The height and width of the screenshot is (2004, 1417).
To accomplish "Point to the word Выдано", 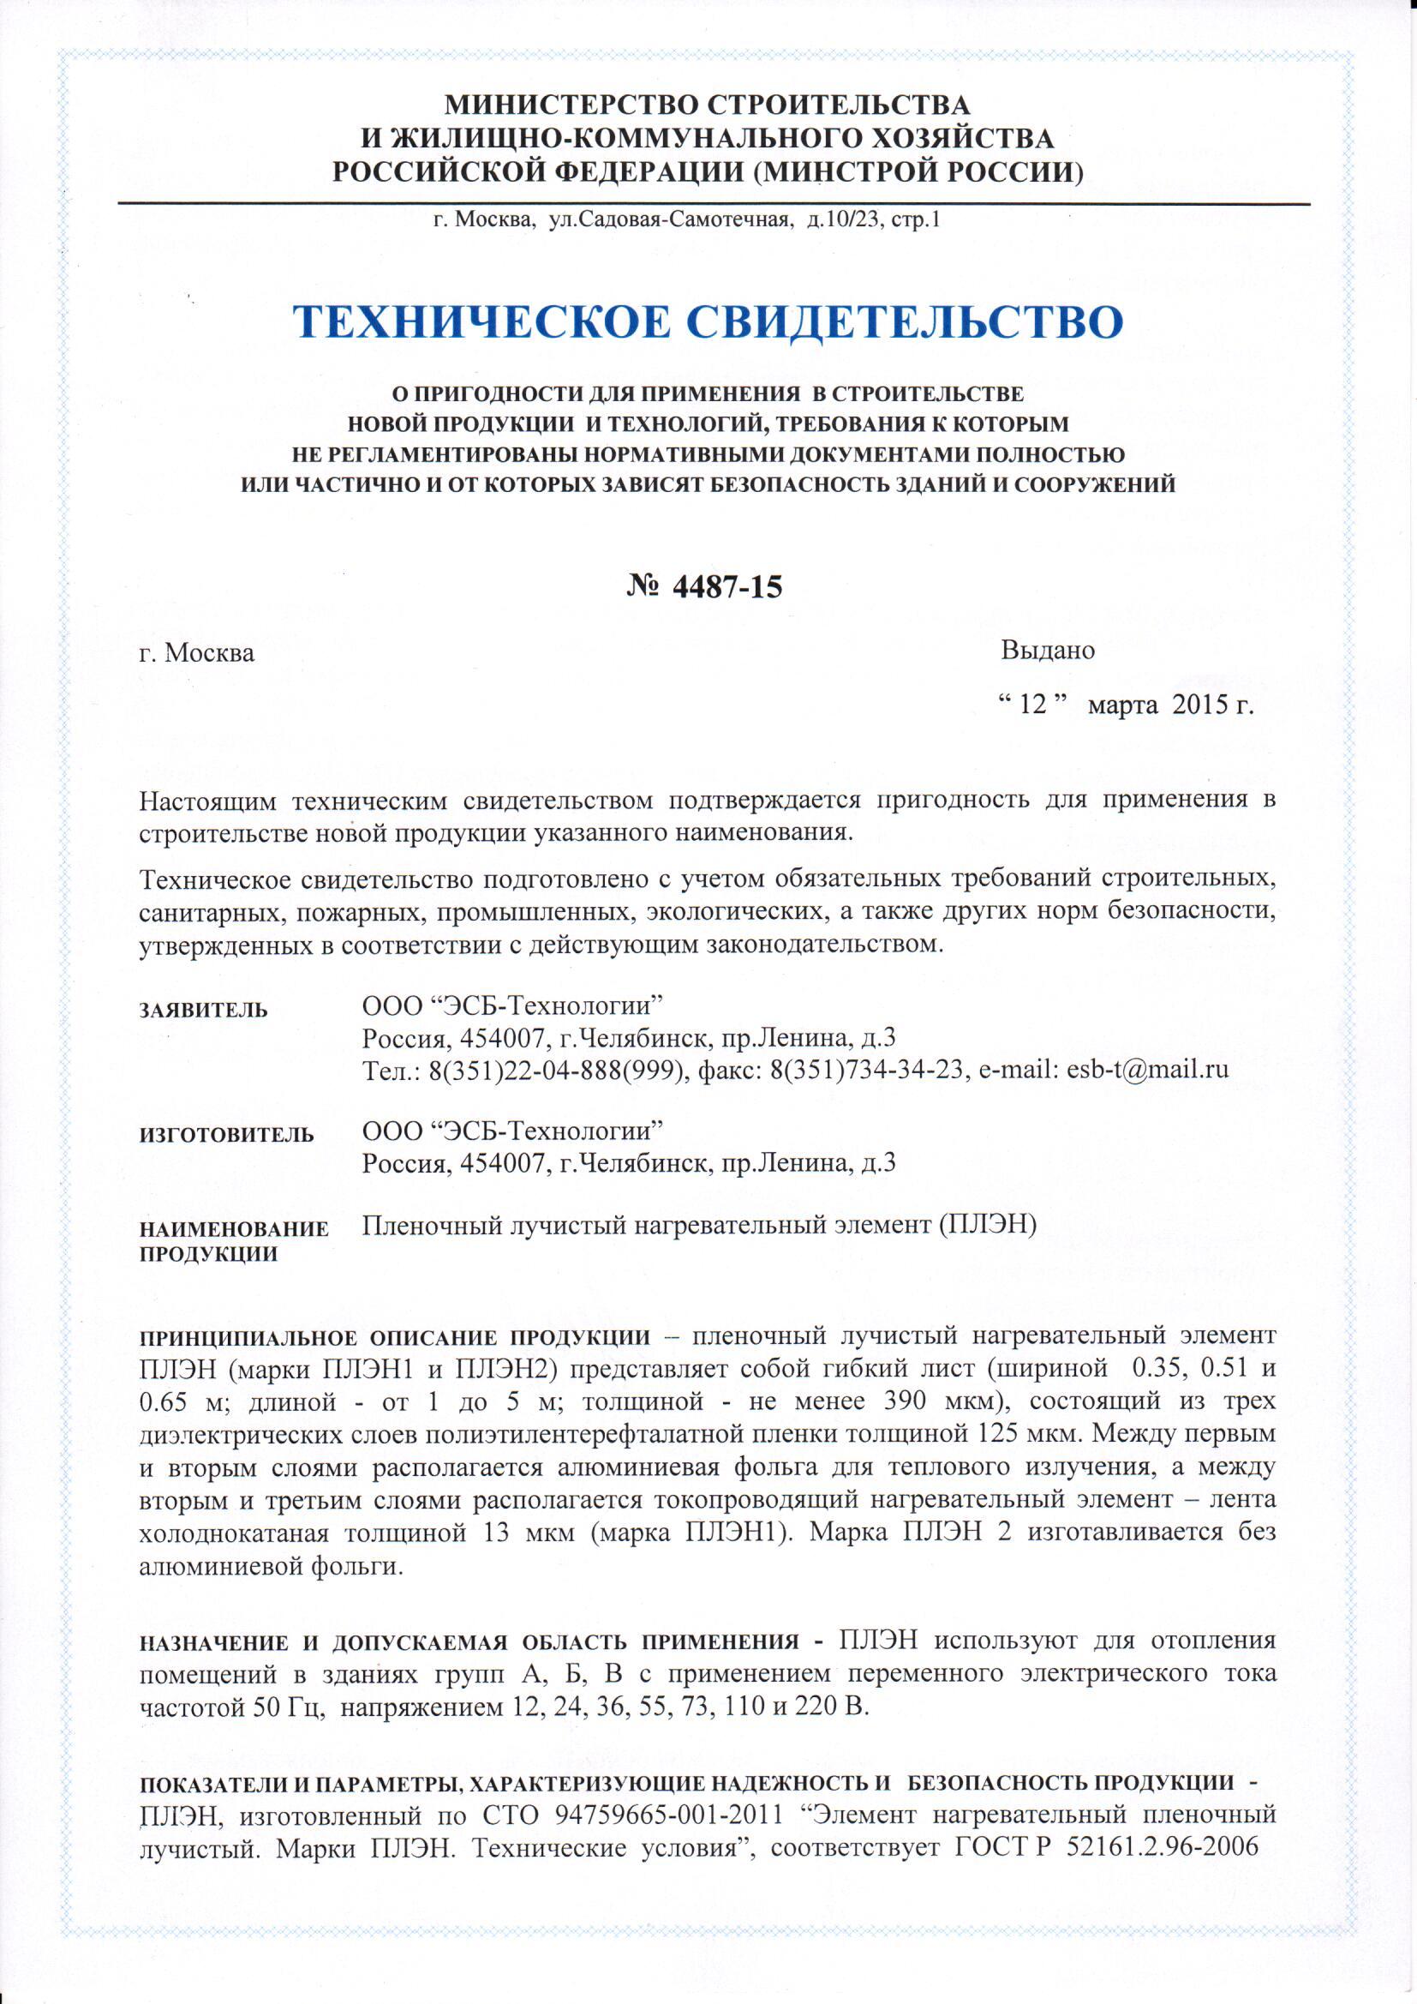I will coord(1047,651).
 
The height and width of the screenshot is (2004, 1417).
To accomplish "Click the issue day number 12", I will coord(1033,705).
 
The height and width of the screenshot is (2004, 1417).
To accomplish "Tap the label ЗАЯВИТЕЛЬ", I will coord(204,1011).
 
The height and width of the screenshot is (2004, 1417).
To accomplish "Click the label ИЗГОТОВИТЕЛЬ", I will coord(227,1135).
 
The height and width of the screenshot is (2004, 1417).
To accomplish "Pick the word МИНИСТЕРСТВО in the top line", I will coord(571,105).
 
